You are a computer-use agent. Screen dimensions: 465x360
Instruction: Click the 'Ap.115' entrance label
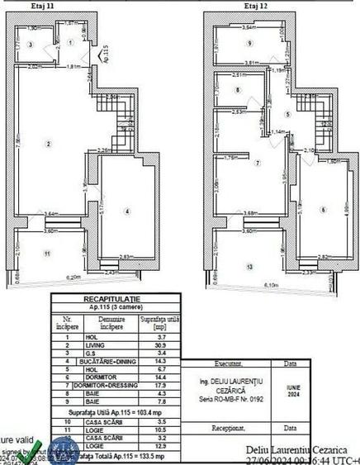click(x=102, y=57)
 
